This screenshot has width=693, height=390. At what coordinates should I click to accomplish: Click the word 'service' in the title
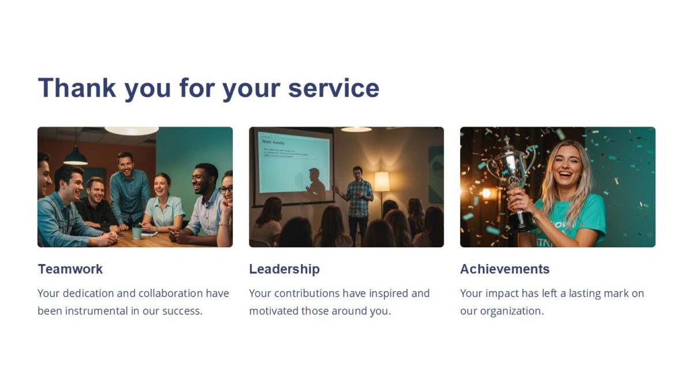click(x=333, y=88)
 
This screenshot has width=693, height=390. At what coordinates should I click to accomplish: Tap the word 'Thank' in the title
click(x=77, y=88)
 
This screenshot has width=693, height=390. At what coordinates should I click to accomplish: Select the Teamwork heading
click(x=70, y=269)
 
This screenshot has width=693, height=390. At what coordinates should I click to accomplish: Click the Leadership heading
click(x=284, y=269)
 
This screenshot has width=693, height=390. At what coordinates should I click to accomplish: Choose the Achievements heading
click(x=505, y=269)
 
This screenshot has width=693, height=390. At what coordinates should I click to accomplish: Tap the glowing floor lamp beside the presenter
click(x=382, y=181)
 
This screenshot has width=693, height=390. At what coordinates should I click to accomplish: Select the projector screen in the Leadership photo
click(x=294, y=162)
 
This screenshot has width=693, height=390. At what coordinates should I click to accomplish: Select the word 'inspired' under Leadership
click(x=388, y=294)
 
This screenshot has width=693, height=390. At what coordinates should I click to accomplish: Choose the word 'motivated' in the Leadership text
click(x=273, y=311)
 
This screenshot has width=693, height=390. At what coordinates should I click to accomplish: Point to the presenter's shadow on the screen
click(x=315, y=182)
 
